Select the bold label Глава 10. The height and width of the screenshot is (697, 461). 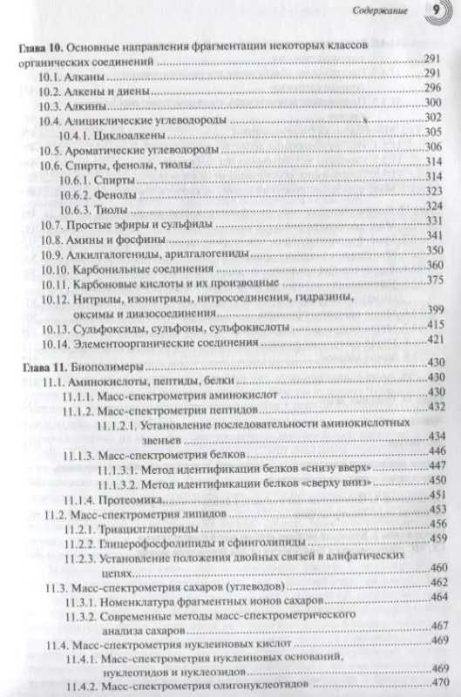pos(40,45)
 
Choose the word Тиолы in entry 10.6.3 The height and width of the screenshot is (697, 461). pos(114,210)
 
